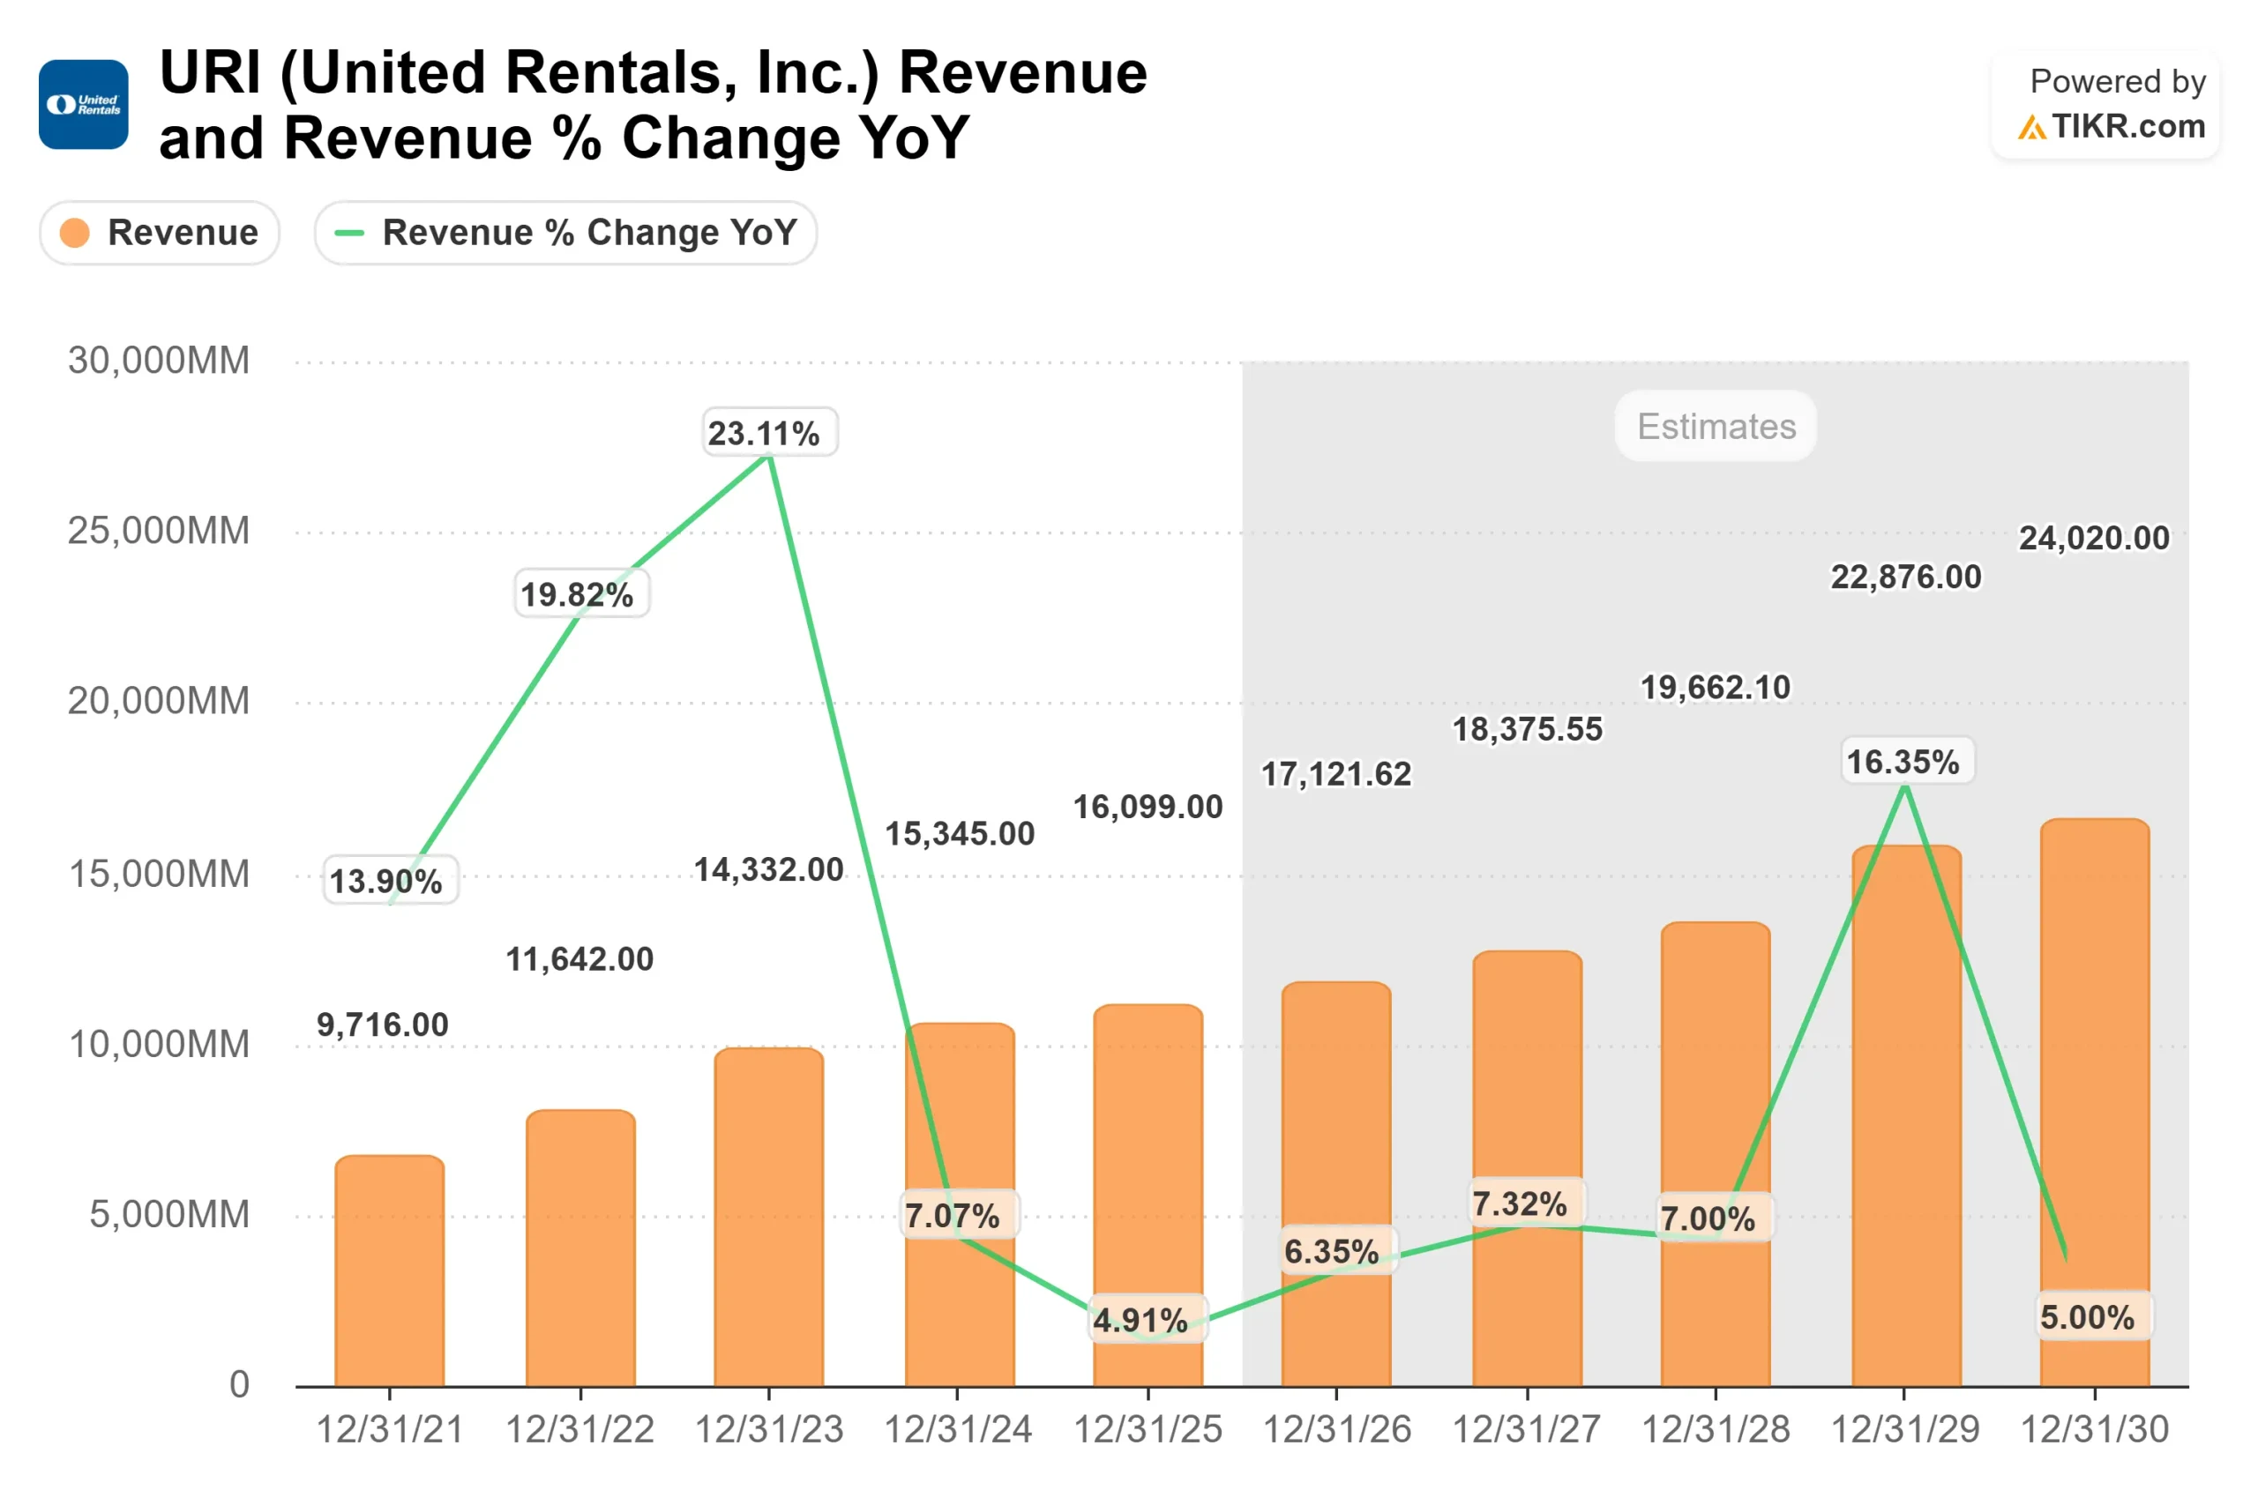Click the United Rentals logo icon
pyautogui.click(x=84, y=105)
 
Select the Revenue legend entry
pyautogui.click(x=160, y=232)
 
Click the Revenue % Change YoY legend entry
pyautogui.click(x=565, y=232)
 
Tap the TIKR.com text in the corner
pyautogui.click(x=2127, y=127)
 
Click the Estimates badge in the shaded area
pyautogui.click(x=1716, y=426)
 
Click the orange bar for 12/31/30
pyautogui.click(x=2094, y=1104)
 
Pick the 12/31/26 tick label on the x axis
pyautogui.click(x=1336, y=1429)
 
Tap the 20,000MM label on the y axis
pyautogui.click(x=159, y=701)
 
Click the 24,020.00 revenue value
pyautogui.click(x=2094, y=538)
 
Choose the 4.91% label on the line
pyautogui.click(x=1140, y=1321)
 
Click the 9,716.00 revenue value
pyautogui.click(x=383, y=1024)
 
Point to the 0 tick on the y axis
pyautogui.click(x=239, y=1384)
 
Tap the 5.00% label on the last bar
pyautogui.click(x=2087, y=1317)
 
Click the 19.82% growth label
pyautogui.click(x=577, y=594)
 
